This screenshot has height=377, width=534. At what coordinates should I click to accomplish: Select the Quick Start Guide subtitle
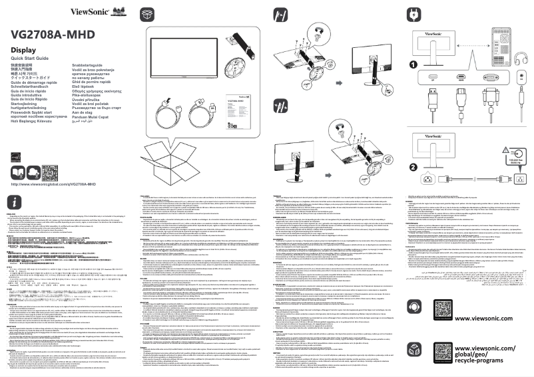[33, 59]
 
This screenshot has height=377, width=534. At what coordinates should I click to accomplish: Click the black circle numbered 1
[413, 65]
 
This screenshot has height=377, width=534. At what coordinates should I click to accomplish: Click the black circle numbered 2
[413, 167]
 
